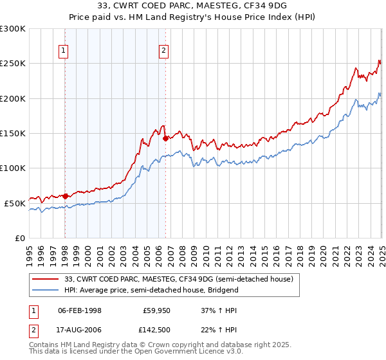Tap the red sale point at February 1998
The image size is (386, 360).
click(x=65, y=195)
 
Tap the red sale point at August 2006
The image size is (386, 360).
click(x=165, y=138)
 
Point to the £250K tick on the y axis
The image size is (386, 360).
click(x=14, y=64)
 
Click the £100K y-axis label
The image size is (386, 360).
click(x=14, y=168)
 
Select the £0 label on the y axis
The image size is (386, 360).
click(x=21, y=238)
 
